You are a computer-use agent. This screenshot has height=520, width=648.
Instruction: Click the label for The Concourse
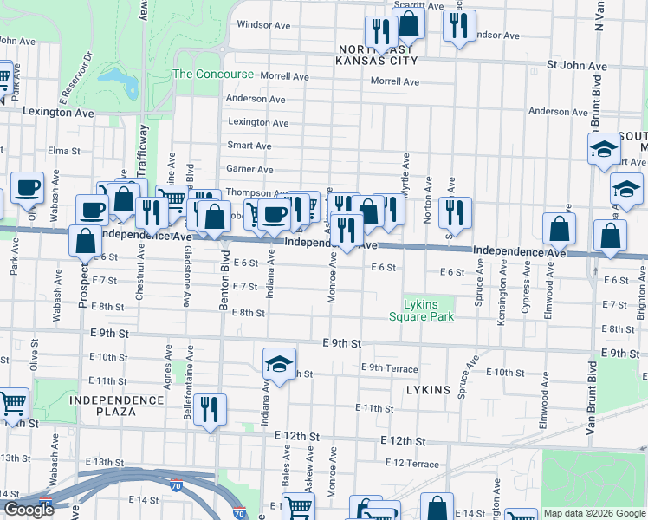point(213,75)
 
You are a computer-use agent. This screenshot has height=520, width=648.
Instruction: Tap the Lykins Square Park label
point(429,310)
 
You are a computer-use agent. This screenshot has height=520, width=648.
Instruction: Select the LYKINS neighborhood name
point(428,390)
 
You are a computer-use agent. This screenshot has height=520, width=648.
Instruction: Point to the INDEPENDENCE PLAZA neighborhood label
point(117,406)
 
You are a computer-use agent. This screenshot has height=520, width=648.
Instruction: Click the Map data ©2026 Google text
point(593,513)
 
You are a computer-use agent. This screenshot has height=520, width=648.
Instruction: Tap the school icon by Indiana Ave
point(279,364)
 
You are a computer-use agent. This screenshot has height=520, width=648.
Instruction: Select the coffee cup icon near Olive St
point(26,186)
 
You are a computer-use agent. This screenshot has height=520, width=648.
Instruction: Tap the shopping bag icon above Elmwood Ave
point(560,228)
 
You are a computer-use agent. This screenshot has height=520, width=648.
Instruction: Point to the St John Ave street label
point(576,66)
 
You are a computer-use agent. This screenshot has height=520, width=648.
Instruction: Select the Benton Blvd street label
point(223,296)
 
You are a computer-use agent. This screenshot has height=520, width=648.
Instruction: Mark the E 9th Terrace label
point(394,368)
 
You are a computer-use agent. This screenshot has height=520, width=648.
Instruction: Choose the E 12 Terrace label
point(411,464)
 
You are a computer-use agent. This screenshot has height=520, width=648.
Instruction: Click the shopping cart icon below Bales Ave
point(298,506)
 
